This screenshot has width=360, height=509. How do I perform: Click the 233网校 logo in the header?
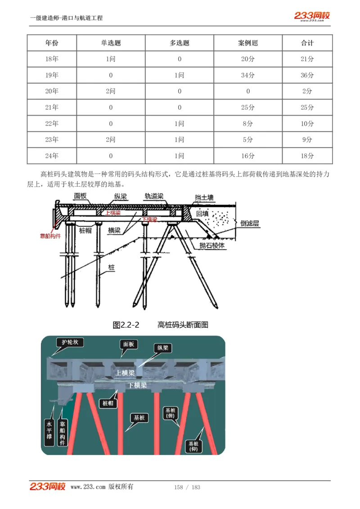[x=312, y=16]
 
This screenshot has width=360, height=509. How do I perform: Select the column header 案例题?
[x=248, y=43]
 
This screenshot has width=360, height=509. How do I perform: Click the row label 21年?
[x=52, y=107]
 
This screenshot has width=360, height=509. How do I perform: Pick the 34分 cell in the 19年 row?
[x=248, y=75]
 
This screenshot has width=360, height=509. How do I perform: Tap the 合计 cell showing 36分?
[x=307, y=75]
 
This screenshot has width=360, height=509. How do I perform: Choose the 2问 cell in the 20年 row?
[x=111, y=91]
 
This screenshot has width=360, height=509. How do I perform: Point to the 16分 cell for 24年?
[x=248, y=156]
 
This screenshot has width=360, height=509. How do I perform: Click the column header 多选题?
[x=180, y=43]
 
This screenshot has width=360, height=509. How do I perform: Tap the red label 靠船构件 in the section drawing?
[x=50, y=236]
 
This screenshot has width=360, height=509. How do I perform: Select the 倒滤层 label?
[x=250, y=223]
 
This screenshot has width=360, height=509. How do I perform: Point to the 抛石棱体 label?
[x=212, y=246]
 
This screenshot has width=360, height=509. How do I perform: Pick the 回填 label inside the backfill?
[x=202, y=214]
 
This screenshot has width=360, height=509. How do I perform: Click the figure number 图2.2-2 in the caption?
[x=126, y=325]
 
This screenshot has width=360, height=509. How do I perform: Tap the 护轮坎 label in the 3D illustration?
[x=70, y=342]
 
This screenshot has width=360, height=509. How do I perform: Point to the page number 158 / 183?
[x=187, y=487]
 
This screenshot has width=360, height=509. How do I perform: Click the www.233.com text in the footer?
[x=88, y=487]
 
